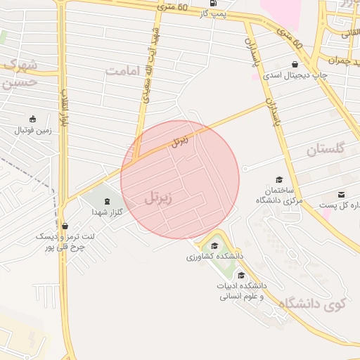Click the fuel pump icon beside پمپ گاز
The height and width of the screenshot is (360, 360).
pyautogui.click(x=203, y=3)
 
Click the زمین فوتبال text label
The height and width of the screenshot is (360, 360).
pyautogui.click(x=34, y=131)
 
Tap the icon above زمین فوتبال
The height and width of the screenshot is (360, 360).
pyautogui.click(x=32, y=119)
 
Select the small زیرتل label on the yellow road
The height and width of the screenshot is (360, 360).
pyautogui.click(x=181, y=141)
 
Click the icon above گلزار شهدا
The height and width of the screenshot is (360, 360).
pyautogui.click(x=106, y=200)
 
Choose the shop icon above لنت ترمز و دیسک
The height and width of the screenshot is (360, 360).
pyautogui.click(x=65, y=226)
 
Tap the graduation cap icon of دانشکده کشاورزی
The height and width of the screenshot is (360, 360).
pyautogui.click(x=214, y=245)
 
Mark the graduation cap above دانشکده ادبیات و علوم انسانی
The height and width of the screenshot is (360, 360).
pyautogui.click(x=242, y=275)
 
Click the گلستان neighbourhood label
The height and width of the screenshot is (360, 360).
pyautogui.click(x=326, y=149)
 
